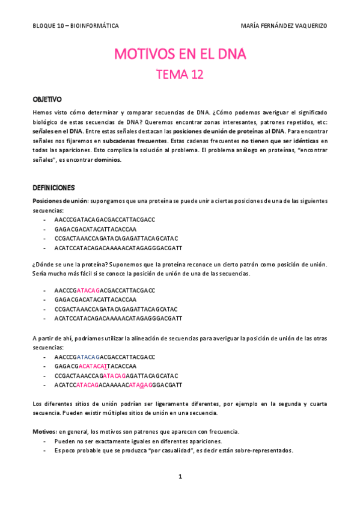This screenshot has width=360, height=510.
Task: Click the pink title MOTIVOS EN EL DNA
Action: [x=180, y=55]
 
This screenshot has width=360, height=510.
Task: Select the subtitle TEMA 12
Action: [x=180, y=75]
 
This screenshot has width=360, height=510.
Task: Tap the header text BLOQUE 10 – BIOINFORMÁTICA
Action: [x=76, y=26]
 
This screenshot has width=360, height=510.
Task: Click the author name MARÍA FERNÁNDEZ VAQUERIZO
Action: [x=284, y=26]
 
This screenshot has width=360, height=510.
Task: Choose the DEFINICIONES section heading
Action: [x=53, y=188]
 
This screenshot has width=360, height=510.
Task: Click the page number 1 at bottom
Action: [x=180, y=476]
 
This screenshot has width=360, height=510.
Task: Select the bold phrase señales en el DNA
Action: [x=57, y=131]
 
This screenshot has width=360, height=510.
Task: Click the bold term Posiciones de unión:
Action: [x=59, y=200]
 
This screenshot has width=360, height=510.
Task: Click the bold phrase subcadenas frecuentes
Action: [x=135, y=141]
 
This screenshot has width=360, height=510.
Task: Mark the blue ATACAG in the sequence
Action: [x=90, y=357]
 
